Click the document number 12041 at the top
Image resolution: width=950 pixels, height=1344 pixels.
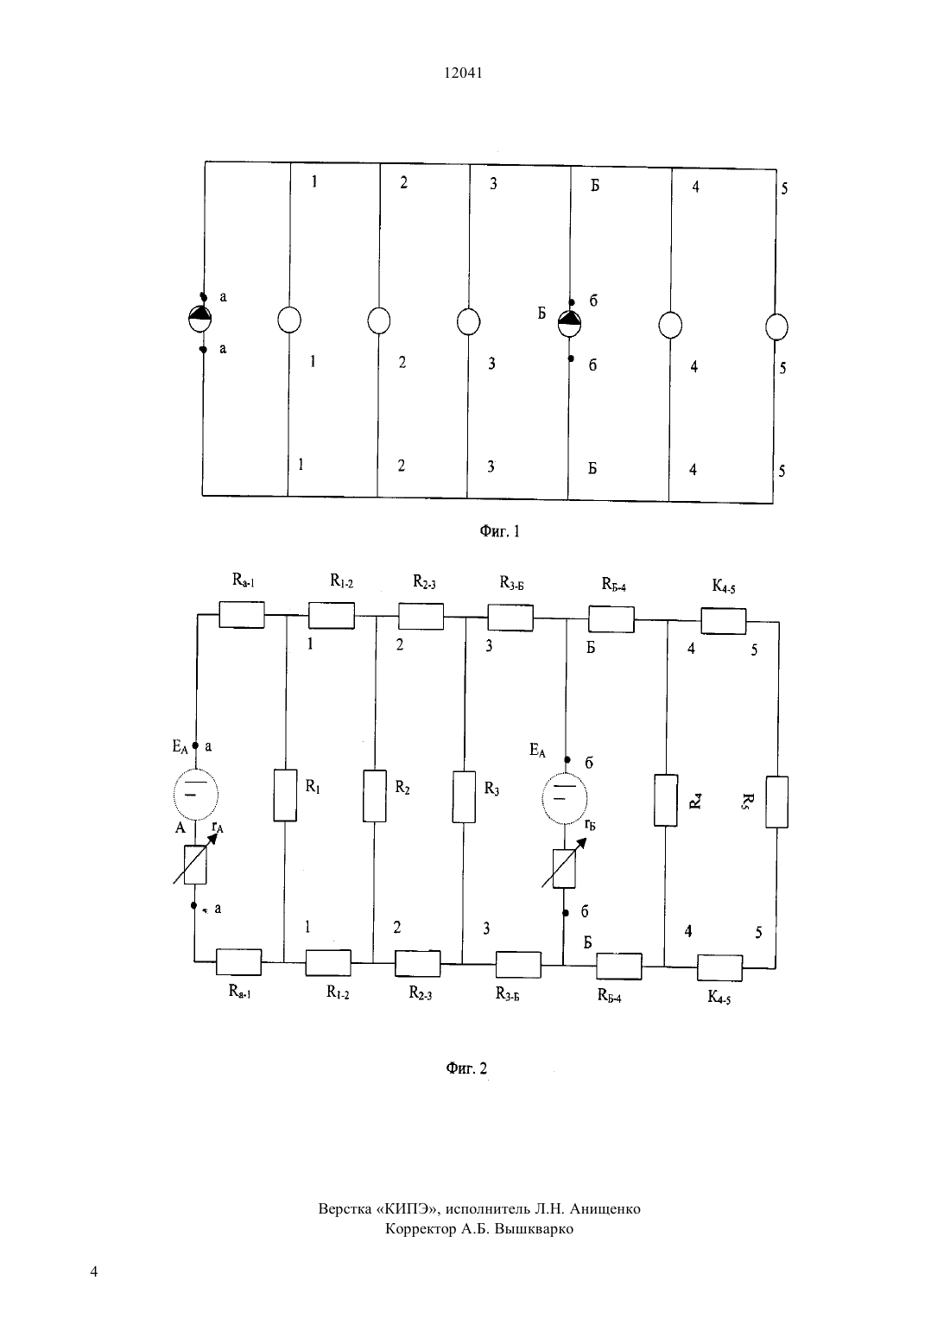pos(463,73)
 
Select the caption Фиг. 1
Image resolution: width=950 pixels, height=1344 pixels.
pos(499,531)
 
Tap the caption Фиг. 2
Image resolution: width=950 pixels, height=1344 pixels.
pos(466,1068)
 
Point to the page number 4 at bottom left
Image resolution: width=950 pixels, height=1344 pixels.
pos(93,1271)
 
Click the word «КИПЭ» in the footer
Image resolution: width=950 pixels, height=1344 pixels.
pos(409,1208)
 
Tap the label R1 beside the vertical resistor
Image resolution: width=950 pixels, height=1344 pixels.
pos(313,786)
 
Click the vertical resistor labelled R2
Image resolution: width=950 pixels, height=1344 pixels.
pos(374,796)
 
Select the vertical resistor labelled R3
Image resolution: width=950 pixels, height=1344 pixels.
pos(464,796)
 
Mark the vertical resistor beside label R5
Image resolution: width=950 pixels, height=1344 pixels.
pos(776,802)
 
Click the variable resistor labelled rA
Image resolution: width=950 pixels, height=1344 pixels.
pos(195,864)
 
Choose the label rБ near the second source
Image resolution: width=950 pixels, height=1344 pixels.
pos(590,824)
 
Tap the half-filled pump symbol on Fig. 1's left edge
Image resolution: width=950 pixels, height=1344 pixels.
pos(199,319)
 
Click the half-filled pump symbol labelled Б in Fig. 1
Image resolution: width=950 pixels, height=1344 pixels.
pos(569,324)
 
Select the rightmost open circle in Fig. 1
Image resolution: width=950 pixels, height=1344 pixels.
pos(776,327)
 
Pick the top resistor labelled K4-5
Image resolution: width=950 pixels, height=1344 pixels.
pos(724,621)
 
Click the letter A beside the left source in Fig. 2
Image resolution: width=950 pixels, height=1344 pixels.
pos(180,828)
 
